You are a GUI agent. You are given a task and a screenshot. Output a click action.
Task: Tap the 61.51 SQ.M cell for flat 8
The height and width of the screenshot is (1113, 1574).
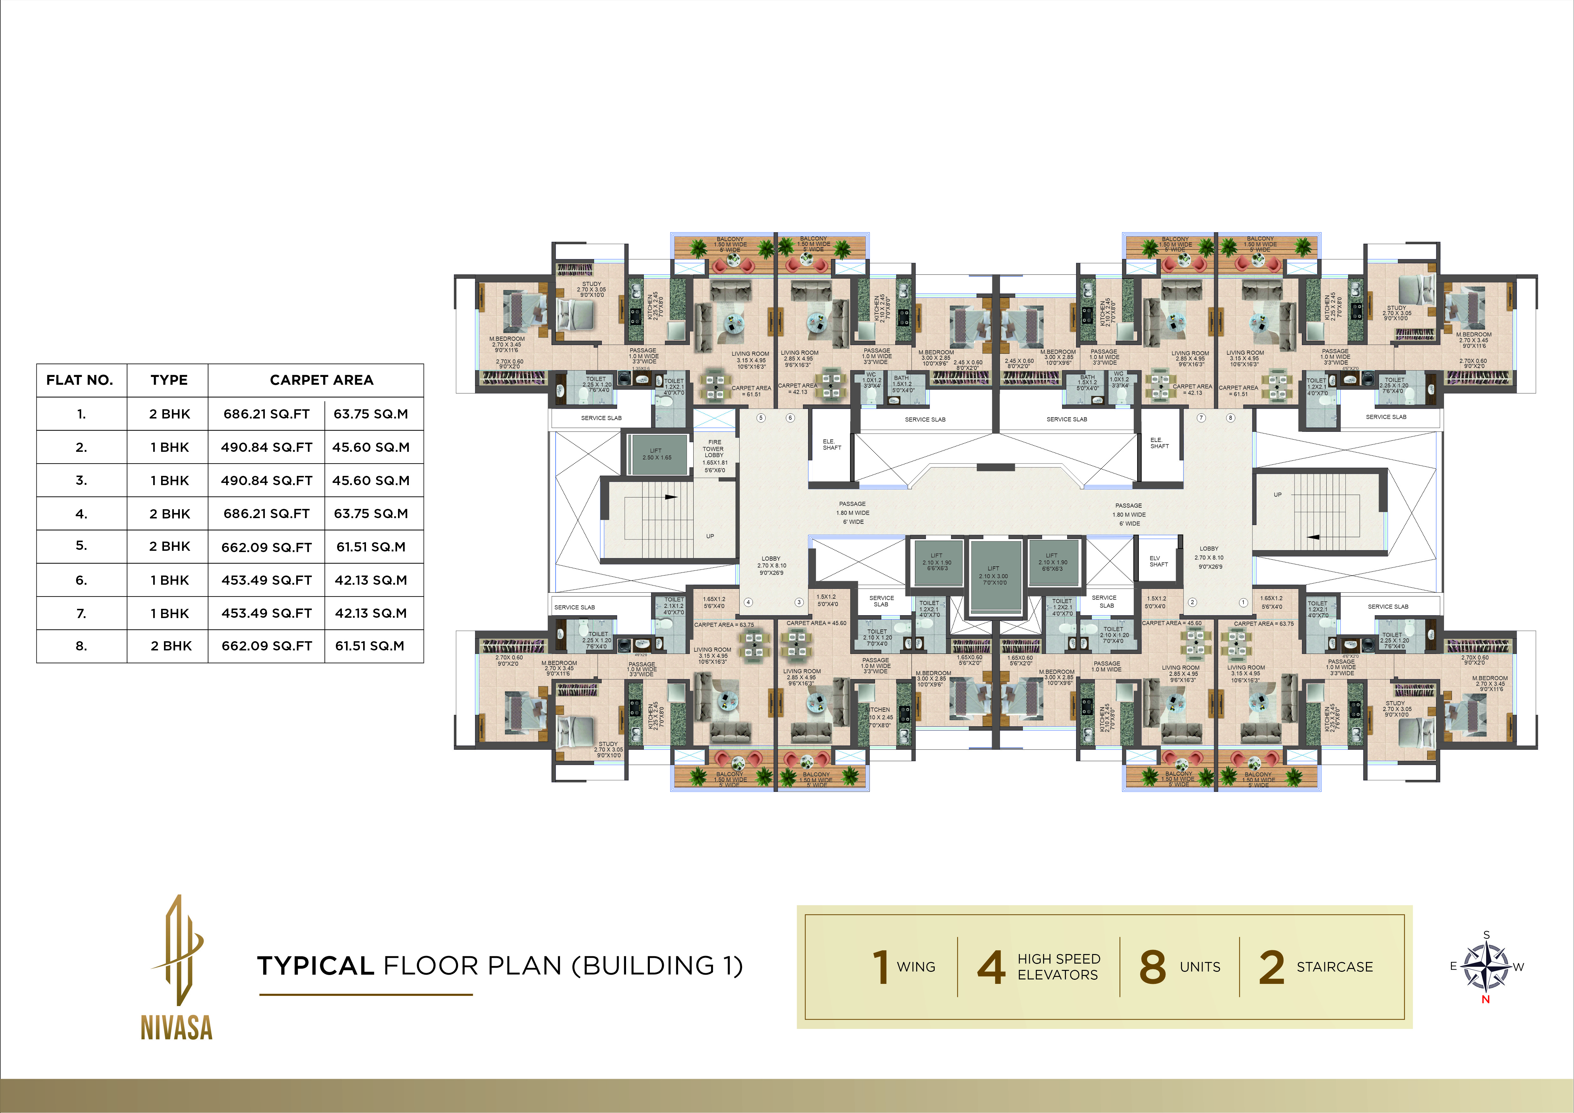(370, 646)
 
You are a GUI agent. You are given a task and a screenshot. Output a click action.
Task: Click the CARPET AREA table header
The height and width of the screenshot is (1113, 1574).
(322, 380)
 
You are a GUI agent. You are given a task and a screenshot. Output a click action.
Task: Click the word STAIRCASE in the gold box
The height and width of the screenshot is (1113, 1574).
(1334, 967)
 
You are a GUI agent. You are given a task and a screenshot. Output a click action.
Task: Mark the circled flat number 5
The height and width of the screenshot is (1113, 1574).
(760, 418)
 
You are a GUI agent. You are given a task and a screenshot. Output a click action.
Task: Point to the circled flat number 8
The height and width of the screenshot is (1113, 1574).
(1231, 418)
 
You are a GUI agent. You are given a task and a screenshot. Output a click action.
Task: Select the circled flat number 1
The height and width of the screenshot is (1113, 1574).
(1243, 603)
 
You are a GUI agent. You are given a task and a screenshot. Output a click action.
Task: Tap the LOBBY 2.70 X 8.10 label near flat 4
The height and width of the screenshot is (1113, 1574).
(771, 566)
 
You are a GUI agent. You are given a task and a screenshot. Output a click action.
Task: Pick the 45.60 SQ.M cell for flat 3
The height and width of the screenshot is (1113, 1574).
(370, 480)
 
